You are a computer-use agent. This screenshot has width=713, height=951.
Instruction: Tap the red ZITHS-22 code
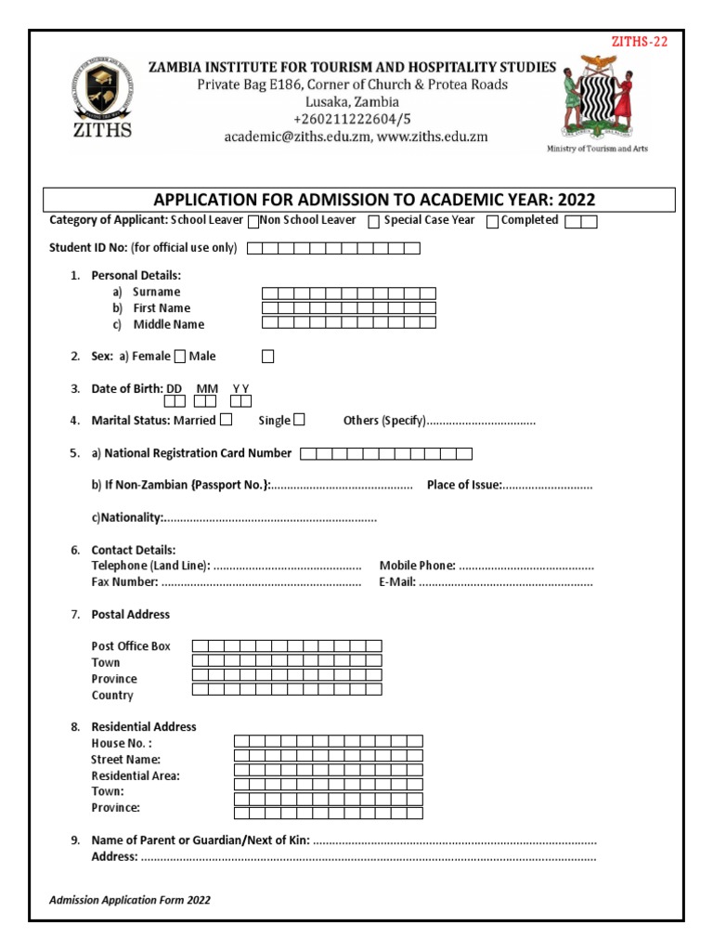coord(638,41)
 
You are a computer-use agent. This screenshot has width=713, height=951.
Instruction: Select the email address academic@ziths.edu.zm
coord(294,137)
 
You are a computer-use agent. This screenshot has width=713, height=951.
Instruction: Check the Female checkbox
coord(180,356)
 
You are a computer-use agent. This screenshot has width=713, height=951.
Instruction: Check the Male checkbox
coord(267,356)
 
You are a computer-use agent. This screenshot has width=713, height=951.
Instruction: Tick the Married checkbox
coord(227,420)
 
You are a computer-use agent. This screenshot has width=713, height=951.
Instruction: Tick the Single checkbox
coord(299,420)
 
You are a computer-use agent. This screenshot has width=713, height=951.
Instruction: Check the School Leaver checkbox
coord(253,222)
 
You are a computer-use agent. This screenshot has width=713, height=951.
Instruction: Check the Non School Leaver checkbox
coord(373,222)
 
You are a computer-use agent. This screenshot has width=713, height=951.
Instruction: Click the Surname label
coord(156,292)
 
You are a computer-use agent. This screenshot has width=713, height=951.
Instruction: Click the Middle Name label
coord(168,324)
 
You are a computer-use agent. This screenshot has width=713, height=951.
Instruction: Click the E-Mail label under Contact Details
coord(397,582)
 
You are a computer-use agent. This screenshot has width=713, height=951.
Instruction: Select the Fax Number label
coord(124,582)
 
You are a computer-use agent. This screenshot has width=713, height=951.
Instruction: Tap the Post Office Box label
coord(131,645)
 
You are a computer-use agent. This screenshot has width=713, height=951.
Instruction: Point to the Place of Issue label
coord(464,485)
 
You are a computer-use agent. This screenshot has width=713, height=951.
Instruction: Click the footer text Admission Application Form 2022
coord(130,900)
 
